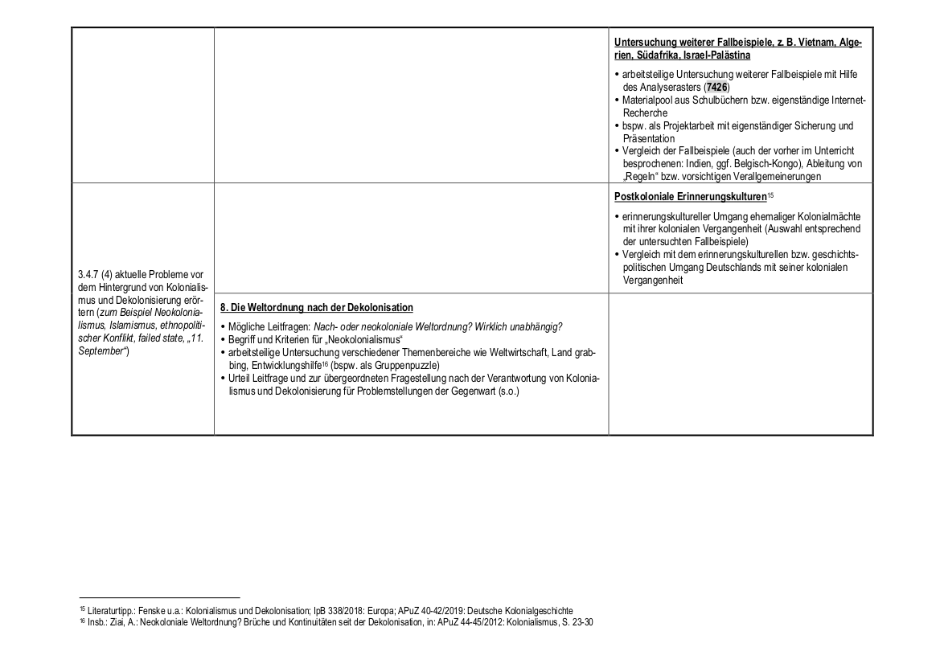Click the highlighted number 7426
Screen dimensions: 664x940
tap(717, 87)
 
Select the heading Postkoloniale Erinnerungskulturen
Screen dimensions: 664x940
tap(689, 196)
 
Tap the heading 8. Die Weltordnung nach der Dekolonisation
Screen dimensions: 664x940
tap(317, 308)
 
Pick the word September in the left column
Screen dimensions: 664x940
tap(98, 351)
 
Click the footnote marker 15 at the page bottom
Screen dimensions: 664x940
tap(81, 609)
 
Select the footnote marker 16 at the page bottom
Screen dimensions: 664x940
tap(81, 621)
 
